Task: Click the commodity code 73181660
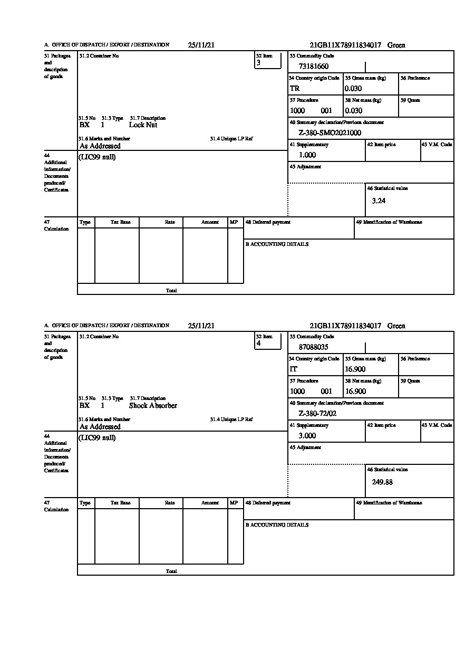pos(313,66)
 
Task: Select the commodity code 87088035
pos(313,347)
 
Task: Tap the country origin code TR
pos(295,89)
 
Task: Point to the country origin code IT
pos(294,369)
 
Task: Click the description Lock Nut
pos(143,125)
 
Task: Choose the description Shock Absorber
pos(153,406)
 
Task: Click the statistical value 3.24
pos(379,201)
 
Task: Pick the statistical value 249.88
pos(382,482)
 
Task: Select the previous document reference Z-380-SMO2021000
pos(330,133)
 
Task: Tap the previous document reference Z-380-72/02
pos(317,414)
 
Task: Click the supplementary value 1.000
pos(307,155)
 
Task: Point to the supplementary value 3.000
pos(307,436)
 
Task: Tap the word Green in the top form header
pos(396,45)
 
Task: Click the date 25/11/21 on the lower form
pos(201,326)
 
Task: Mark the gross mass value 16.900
pos(355,369)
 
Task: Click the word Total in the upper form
pos(171,291)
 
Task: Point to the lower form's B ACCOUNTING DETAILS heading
pos(277,525)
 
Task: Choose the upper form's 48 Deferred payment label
pos(268,222)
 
